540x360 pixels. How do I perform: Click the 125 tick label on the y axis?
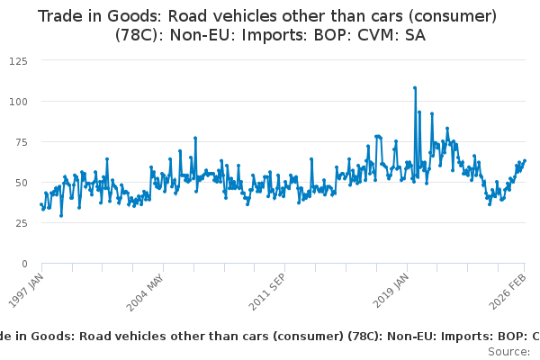point(17,60)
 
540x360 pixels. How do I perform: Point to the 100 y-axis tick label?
point(17,102)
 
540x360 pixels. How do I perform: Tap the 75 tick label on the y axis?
point(20,142)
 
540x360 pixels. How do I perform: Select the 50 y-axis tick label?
point(20,183)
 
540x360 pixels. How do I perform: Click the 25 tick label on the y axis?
point(20,223)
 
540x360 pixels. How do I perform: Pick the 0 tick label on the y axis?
point(23,264)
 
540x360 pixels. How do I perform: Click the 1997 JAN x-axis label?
point(26,291)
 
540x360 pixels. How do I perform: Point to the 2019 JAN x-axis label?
point(390,291)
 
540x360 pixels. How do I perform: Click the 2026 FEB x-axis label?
point(509,291)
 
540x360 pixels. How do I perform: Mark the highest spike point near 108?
point(415,88)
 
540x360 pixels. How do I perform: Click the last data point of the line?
point(525,161)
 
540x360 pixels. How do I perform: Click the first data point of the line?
point(41,204)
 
